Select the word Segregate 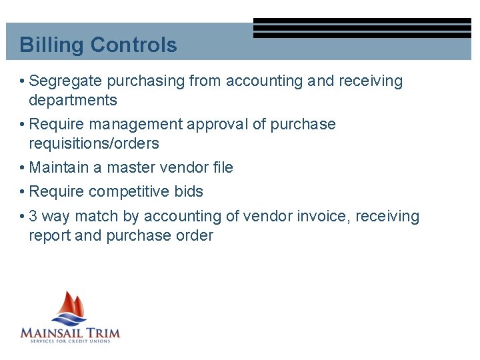coord(66,81)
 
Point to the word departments coord(73,101)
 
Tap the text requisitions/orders coord(94,143)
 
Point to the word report coord(50,235)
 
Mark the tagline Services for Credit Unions coord(70,341)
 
